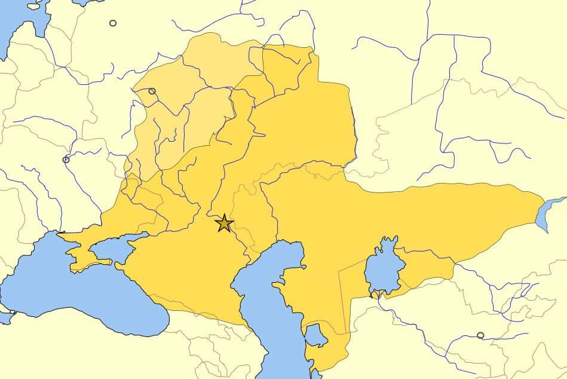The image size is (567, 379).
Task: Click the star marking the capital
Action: [224, 223]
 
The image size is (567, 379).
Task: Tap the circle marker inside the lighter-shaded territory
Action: [152, 91]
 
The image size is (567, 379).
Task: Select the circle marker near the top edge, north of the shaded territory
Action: [113, 23]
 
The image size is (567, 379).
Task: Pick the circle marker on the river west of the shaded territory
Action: [66, 160]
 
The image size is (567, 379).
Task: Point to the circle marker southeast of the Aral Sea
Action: [480, 335]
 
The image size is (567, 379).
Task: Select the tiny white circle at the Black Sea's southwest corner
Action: [13, 312]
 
